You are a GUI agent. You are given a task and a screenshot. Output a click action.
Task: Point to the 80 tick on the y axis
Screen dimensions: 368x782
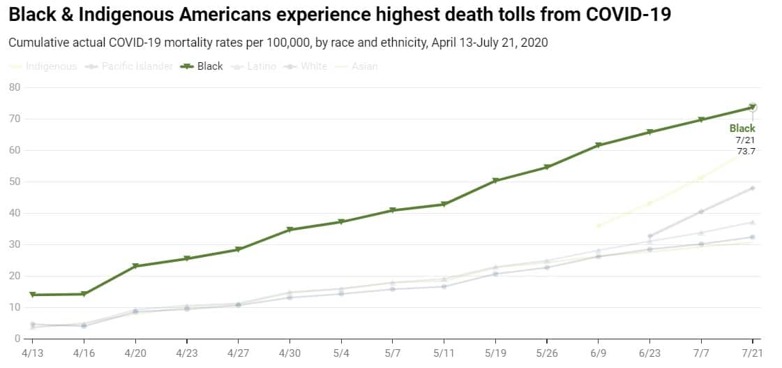point(14,87)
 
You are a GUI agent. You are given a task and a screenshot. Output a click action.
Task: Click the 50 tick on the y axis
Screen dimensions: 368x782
point(14,182)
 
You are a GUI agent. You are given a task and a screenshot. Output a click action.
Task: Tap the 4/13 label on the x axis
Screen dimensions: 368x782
point(32,354)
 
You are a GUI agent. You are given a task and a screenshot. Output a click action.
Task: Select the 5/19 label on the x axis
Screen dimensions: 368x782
point(495,354)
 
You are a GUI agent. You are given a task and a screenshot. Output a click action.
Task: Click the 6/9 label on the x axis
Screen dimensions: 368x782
point(598,354)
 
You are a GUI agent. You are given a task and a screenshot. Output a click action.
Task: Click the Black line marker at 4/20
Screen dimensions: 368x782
point(135,266)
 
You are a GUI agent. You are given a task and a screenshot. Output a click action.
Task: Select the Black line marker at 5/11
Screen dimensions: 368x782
point(444,205)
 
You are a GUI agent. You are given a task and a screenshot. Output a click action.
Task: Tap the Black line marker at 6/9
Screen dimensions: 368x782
point(598,145)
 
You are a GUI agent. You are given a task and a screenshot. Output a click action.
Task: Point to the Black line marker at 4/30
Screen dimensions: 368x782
point(290,230)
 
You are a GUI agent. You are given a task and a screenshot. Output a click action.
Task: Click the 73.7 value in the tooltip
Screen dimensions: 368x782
point(746,151)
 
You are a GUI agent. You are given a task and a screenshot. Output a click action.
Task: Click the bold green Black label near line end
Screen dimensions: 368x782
point(742,128)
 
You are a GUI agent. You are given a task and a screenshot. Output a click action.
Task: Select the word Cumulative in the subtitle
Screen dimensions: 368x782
point(36,43)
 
